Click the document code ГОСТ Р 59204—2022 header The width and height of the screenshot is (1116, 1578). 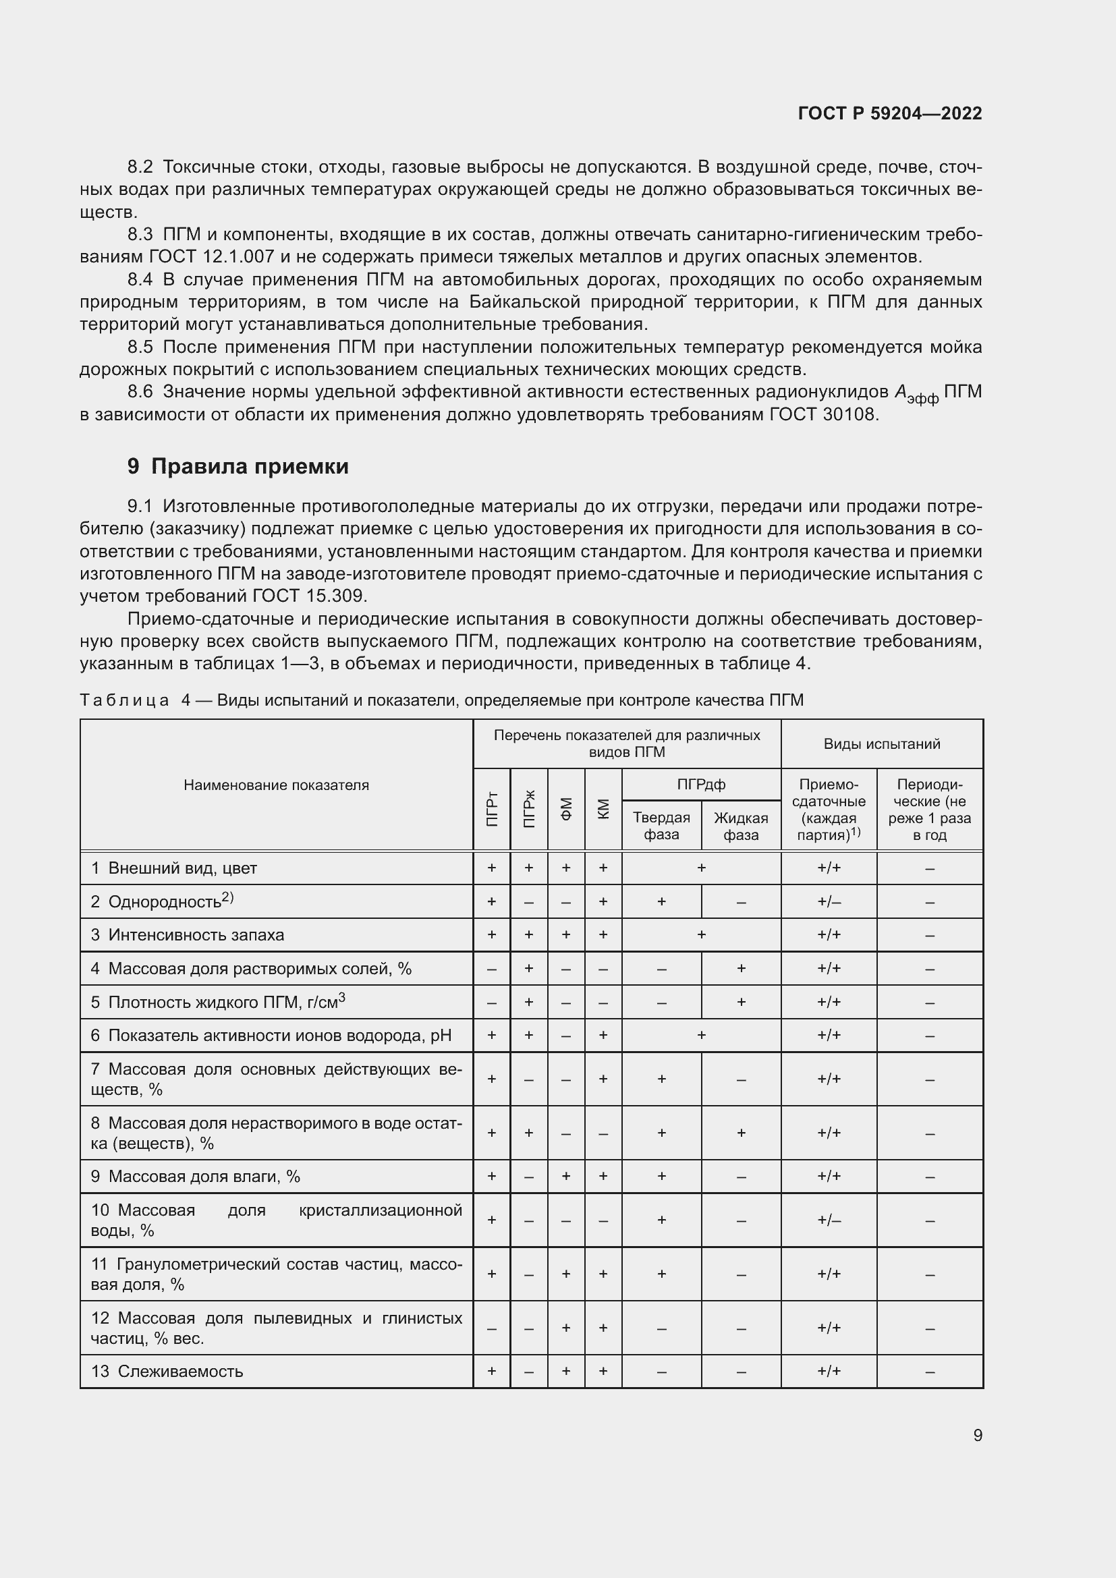click(890, 113)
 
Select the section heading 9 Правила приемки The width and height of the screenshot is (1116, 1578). click(238, 467)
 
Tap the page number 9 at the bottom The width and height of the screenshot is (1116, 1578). click(977, 1435)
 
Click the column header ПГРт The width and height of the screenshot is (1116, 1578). click(492, 810)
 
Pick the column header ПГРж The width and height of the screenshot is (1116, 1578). click(529, 810)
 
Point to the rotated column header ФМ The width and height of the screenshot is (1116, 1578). click(566, 810)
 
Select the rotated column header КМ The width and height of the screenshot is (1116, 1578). click(603, 810)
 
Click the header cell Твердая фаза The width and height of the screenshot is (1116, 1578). click(661, 826)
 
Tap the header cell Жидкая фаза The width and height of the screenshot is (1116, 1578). click(741, 826)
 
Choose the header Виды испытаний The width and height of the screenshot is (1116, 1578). click(882, 743)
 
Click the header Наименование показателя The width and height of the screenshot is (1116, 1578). click(276, 785)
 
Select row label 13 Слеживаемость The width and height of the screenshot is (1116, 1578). click(167, 1371)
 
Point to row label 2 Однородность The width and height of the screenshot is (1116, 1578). click(163, 902)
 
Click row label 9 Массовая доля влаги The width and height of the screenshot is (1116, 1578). click(196, 1177)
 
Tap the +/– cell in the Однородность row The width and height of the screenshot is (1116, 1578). click(829, 902)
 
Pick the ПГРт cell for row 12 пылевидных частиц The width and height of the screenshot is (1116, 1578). click(492, 1328)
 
